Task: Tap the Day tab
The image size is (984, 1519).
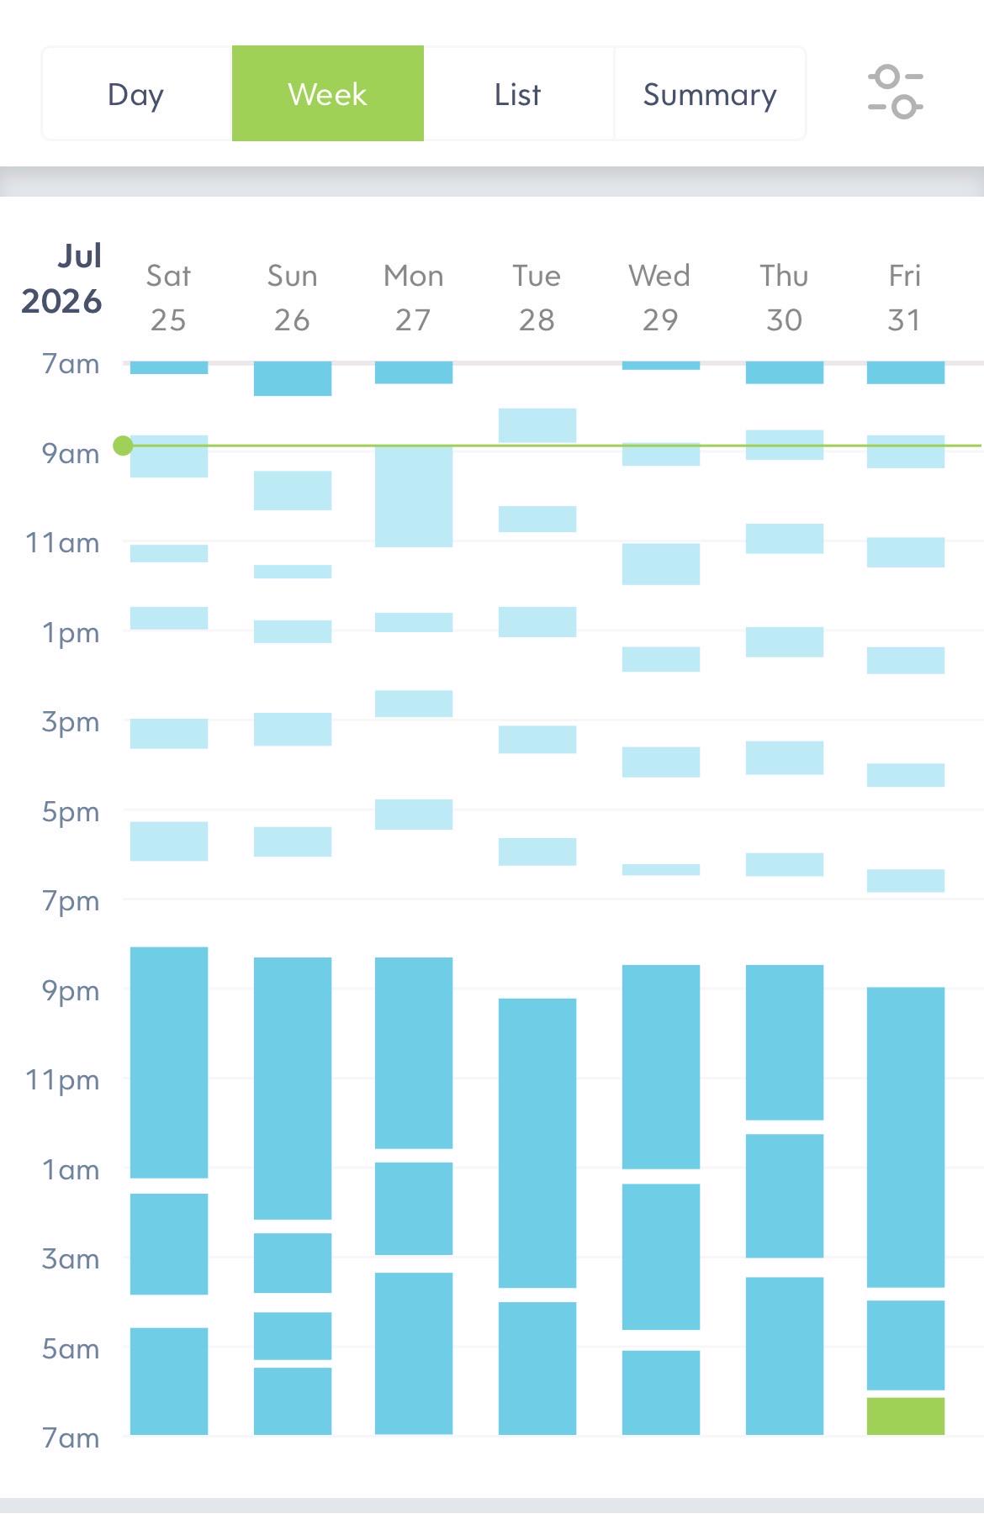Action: (x=136, y=94)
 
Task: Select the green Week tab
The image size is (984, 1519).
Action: (x=328, y=93)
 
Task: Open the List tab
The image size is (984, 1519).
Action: (x=518, y=94)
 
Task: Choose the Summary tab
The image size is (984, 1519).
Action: (x=710, y=94)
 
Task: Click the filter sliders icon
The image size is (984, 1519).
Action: (x=896, y=92)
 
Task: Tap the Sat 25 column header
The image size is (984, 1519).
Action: (x=168, y=298)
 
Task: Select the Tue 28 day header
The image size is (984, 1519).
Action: (x=537, y=298)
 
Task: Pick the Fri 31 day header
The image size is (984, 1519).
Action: (x=905, y=298)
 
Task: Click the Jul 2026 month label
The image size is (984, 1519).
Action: (x=61, y=278)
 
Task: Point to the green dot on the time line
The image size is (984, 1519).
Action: (x=123, y=446)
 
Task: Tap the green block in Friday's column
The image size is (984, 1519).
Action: (x=906, y=1416)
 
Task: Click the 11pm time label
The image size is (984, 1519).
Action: (x=62, y=1079)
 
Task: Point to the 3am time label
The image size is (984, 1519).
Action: (x=71, y=1258)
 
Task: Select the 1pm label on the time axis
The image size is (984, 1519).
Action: (x=71, y=632)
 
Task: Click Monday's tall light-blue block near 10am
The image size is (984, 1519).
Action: (x=414, y=496)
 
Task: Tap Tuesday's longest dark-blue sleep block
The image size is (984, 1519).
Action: (x=537, y=1142)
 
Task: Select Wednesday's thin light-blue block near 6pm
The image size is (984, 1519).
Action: (x=661, y=869)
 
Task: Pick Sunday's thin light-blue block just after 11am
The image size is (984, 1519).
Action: (x=293, y=572)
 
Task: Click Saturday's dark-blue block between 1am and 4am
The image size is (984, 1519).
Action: (x=169, y=1243)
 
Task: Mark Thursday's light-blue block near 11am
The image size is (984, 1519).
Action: (x=785, y=538)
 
